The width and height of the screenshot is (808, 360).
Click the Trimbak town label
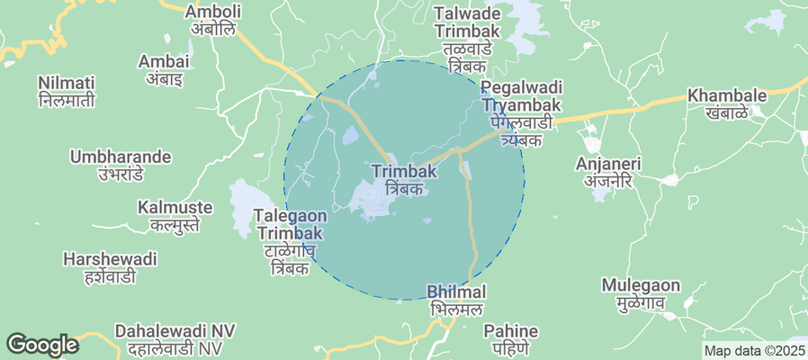(397, 179)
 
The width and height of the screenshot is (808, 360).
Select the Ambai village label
(164, 69)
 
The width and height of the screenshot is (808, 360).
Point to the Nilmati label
(67, 91)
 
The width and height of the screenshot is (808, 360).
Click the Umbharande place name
(120, 165)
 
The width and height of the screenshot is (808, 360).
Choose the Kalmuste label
(175, 216)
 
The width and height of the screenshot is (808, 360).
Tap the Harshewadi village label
(110, 267)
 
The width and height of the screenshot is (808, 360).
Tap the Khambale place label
(726, 103)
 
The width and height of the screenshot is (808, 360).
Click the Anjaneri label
(608, 172)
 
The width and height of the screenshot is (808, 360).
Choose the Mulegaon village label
(641, 293)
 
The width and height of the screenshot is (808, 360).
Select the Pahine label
(510, 338)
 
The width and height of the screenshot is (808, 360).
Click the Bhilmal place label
(456, 300)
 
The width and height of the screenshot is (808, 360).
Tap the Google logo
(41, 345)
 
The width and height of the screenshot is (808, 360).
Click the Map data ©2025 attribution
(754, 351)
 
